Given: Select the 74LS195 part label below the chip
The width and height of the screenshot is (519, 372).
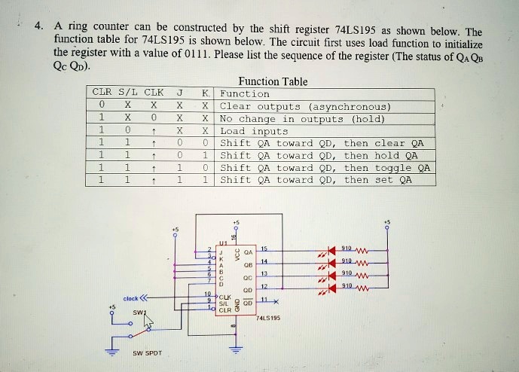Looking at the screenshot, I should [268, 318].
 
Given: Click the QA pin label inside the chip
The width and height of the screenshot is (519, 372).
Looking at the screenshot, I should [248, 252].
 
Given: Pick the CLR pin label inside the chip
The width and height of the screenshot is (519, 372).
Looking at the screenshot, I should [224, 309].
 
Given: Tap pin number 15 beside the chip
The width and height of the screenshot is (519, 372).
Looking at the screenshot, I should [264, 248].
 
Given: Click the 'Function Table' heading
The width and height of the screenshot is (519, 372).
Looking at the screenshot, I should [272, 81].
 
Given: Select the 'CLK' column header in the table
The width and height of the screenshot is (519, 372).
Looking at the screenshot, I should [154, 93].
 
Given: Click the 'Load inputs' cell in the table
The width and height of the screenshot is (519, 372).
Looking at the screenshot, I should [254, 131].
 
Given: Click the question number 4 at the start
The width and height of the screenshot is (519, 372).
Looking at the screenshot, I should [38, 29].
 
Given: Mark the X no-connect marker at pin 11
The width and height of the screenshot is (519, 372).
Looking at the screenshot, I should [277, 301].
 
